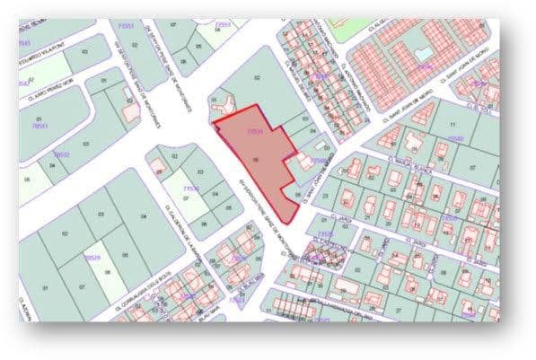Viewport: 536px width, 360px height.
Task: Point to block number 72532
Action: [x=62, y=155]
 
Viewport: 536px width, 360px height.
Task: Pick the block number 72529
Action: [x=92, y=258]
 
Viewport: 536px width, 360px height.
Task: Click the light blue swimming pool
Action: [x=421, y=54]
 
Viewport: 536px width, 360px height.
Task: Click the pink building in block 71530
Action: [x=163, y=165]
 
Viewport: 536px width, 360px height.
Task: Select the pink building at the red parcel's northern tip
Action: [x=218, y=109]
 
